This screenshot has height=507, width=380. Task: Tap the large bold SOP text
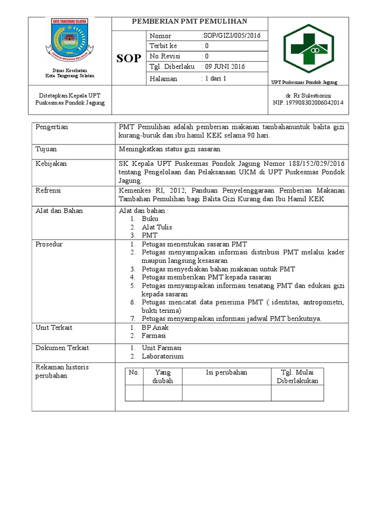point(129,59)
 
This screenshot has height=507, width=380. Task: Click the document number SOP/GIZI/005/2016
point(231,36)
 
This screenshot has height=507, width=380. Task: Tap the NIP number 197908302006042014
point(308,102)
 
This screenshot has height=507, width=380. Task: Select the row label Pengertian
point(51,127)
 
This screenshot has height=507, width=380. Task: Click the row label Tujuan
point(46,149)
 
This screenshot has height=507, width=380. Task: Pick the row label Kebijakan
point(51,163)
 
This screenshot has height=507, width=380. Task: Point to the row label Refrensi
point(49,190)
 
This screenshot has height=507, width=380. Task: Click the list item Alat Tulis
point(157,227)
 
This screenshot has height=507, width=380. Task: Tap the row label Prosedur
point(49,244)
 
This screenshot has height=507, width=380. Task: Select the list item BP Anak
point(155,327)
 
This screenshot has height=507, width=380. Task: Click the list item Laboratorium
point(162,356)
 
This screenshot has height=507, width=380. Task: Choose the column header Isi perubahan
point(226,372)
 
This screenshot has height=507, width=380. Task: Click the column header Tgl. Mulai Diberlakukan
point(297,376)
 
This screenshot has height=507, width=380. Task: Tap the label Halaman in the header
point(163,79)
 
